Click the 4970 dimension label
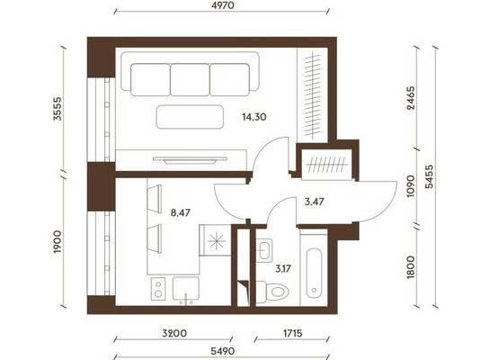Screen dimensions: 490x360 tap(222, 5)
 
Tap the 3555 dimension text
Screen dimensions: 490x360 tap(58, 109)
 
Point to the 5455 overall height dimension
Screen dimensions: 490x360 tap(430, 176)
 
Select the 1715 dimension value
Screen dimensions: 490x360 tap(293, 333)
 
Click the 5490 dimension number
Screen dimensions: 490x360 tap(222, 351)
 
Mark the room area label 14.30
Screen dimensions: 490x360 tap(254, 117)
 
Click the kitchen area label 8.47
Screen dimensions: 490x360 tap(181, 213)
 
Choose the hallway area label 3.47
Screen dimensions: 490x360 tap(314, 202)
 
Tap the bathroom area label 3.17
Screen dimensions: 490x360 tap(283, 268)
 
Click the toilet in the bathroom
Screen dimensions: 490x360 tap(272, 292)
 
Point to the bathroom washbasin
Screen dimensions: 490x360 tap(264, 250)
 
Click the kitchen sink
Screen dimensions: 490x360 tap(186, 289)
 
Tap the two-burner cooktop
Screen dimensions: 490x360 tap(158, 289)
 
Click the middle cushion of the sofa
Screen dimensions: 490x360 tap(190, 79)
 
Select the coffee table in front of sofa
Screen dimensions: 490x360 tap(190, 117)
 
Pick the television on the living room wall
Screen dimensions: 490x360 tap(190, 160)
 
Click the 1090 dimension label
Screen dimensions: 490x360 tap(411, 186)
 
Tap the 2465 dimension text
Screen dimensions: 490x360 tap(411, 98)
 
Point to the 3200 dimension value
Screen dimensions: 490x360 tap(174, 333)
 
